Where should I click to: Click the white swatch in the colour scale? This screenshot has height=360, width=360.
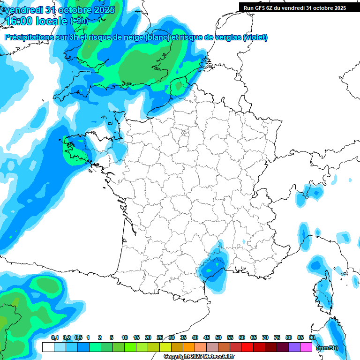pos(48,347)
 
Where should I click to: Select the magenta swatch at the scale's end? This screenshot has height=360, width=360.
pos(306,347)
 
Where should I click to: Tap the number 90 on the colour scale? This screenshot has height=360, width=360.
pos(312,337)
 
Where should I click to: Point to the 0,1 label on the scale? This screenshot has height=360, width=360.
pos(55,337)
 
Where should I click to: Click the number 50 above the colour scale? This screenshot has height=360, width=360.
pos(218,337)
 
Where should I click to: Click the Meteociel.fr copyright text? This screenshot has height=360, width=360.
pos(199,357)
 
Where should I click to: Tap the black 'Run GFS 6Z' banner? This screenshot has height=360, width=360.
pos(293,7)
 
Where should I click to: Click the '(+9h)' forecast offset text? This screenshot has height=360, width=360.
pos(79,21)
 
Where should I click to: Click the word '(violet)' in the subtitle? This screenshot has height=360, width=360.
pos(255,37)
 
